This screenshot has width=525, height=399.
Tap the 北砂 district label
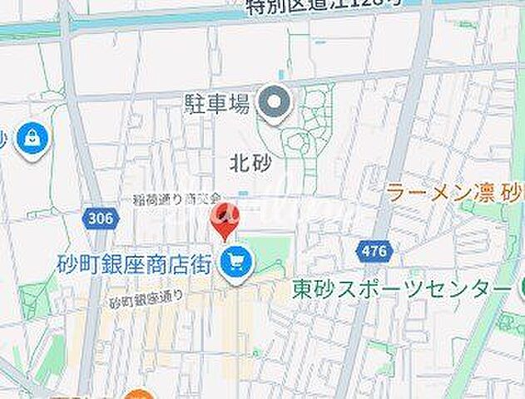[x=248, y=164]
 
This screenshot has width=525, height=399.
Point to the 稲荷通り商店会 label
[x=176, y=199]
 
